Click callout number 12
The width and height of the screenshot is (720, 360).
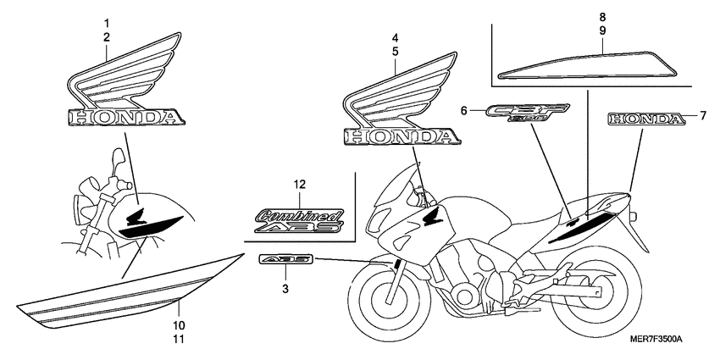(x=298, y=184)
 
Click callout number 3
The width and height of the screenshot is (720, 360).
(x=285, y=290)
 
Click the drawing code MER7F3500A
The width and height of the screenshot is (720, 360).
(x=655, y=339)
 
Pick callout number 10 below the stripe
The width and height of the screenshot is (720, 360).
(x=179, y=325)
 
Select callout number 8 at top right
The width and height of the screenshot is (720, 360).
(x=602, y=17)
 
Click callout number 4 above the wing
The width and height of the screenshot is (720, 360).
(x=395, y=38)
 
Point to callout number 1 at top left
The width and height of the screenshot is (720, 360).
(x=107, y=21)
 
